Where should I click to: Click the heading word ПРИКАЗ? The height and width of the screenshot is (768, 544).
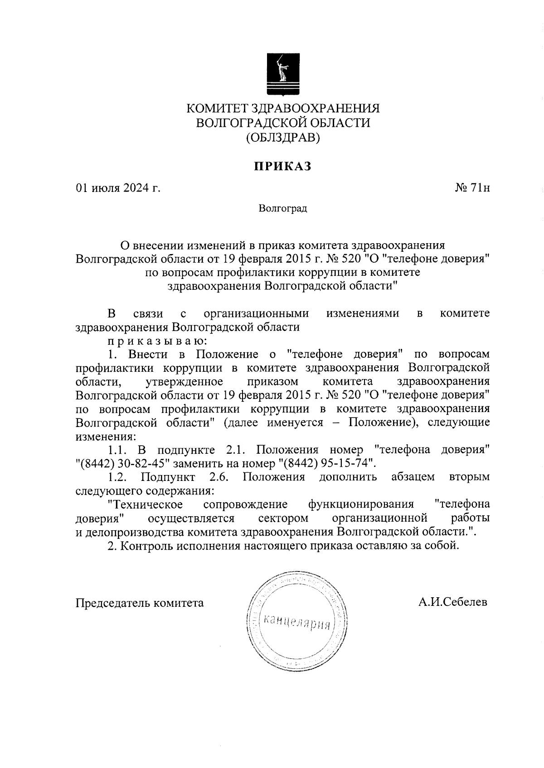point(282,167)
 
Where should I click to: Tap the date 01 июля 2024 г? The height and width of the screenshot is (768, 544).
point(118,188)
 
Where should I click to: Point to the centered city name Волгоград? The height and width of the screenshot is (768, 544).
point(283,209)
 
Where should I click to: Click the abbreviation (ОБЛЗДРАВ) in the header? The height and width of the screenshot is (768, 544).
point(283,137)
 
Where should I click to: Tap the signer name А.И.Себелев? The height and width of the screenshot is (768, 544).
point(453,602)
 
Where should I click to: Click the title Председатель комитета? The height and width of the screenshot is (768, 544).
point(140,603)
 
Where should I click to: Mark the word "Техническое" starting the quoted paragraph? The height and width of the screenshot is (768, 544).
point(146,504)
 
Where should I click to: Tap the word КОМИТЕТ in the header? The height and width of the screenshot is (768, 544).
point(217,109)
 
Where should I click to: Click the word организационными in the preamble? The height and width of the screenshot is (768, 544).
point(257,313)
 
